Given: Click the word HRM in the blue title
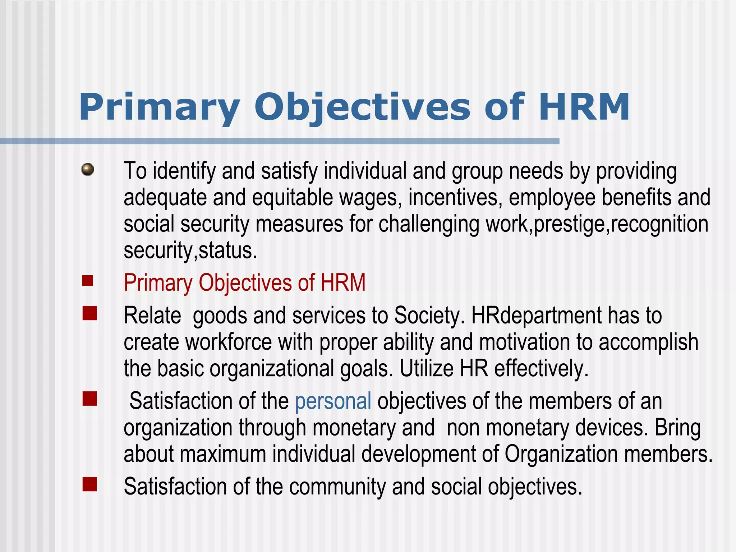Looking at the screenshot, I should pos(584,107).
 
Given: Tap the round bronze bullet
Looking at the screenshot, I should pos(88,169).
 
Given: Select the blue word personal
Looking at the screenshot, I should pos(333,401).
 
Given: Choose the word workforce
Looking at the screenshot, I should pos(229,342).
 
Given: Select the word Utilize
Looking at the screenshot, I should pos(427,368).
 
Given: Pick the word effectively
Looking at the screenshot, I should pos(541,368).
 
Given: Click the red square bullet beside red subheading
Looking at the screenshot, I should pos(88,281).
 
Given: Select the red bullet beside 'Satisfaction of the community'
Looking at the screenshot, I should pos(89,484).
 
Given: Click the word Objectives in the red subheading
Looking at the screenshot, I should pos(245,282).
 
